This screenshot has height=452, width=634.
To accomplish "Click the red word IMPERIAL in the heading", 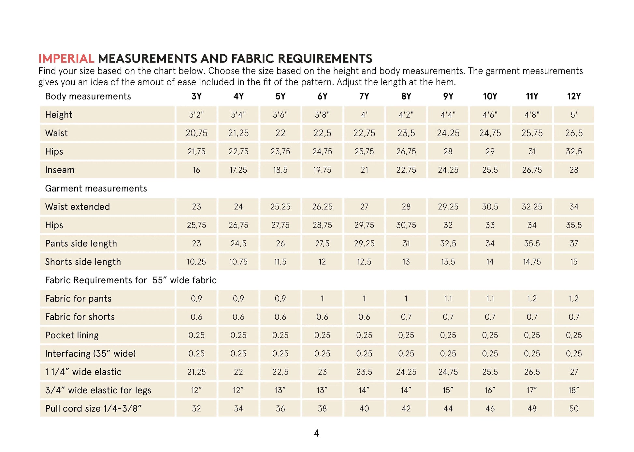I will point(66,59).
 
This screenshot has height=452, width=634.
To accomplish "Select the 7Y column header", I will point(364,96).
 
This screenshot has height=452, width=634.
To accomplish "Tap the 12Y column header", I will point(574,96).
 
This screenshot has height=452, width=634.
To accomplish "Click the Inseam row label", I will point(60,170).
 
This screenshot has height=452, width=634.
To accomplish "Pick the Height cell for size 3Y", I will point(196,115).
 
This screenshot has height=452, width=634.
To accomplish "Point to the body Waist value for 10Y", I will point(490,133).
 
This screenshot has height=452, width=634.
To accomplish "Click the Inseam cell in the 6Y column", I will point(322,170).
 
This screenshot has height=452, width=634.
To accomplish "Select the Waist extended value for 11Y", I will point(532,207).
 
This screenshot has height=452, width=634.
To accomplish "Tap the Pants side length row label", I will point(81,244).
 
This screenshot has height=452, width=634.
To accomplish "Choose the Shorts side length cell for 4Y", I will point(238,262).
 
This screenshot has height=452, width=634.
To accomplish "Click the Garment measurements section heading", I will point(96,189).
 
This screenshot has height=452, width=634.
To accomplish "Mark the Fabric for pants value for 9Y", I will point(448,299).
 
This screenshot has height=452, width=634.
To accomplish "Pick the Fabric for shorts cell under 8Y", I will point(406,317).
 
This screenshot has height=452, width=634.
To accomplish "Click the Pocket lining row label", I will point(72,335).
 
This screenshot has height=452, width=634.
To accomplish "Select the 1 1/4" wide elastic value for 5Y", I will point(280,372).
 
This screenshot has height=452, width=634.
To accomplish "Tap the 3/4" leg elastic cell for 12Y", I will point(574,390).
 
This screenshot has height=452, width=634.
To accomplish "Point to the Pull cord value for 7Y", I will point(364,409).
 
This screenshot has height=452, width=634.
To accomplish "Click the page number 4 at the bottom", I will point(316,433).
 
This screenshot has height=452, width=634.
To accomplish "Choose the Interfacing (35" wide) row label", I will point(90,354).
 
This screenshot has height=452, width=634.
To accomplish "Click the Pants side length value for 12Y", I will point(574,244).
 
